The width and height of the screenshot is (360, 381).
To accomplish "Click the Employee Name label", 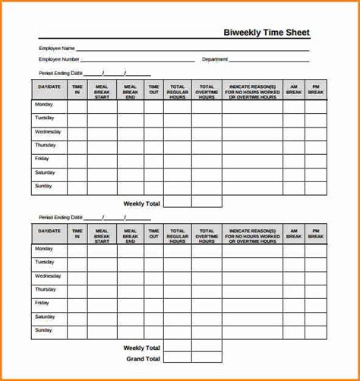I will (57, 48).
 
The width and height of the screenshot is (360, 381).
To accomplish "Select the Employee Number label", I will (59, 58).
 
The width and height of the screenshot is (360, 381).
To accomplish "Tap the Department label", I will (215, 58).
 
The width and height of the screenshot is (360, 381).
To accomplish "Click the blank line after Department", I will (270, 60).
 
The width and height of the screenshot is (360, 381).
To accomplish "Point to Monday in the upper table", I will (44, 105).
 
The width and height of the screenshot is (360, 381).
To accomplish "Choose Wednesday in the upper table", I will (48, 132).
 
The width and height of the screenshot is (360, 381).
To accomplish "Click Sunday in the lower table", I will (44, 330).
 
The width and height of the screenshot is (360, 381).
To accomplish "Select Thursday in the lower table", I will (46, 289).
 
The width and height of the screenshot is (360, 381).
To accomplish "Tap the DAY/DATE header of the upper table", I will (49, 87).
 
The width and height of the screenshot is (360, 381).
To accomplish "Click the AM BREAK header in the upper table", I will (293, 90).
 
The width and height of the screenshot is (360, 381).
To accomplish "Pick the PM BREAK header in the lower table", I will (316, 233).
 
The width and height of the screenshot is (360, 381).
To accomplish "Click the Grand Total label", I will (143, 358).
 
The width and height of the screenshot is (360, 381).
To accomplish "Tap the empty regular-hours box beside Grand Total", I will (177, 358).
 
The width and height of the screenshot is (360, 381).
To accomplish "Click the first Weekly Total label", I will (142, 203).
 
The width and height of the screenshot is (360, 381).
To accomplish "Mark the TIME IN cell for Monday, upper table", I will (77, 106).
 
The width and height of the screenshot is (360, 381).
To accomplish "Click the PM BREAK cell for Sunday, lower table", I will (316, 332).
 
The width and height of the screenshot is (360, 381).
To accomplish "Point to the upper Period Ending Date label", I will (60, 74).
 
